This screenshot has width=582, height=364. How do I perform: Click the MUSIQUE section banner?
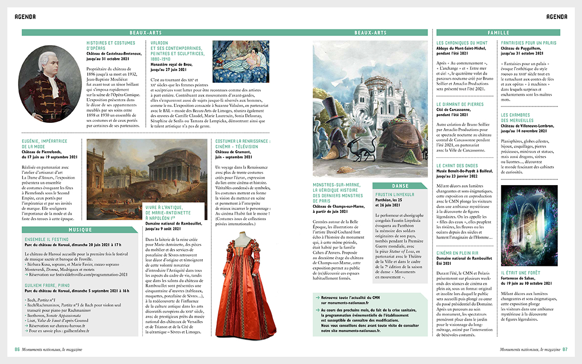point(80,229)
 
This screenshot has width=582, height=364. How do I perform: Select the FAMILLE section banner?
point(498,32)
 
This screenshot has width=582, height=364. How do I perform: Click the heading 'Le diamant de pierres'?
point(460,104)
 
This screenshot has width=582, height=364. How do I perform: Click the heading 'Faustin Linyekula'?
point(395,195)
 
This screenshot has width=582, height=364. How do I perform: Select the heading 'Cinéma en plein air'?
point(457,253)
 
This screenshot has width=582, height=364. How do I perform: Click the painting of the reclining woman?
point(241,61)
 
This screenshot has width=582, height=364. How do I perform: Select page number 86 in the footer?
point(17,349)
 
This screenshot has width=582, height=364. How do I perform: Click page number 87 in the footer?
point(564,349)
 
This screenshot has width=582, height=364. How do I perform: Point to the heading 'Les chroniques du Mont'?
point(462,43)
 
